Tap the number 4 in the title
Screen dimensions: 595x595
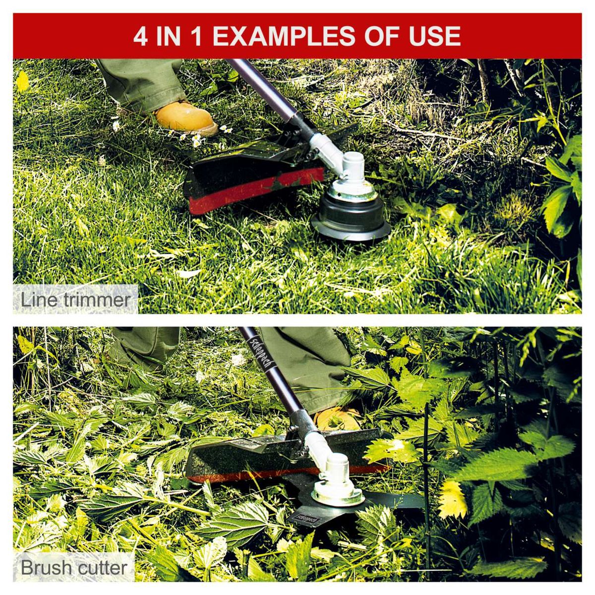click(141, 36)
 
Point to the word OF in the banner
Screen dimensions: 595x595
click(380, 36)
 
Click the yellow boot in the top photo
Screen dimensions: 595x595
click(186, 118)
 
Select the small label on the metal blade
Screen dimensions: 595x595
click(303, 519)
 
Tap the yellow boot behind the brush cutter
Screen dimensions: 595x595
click(337, 419)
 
